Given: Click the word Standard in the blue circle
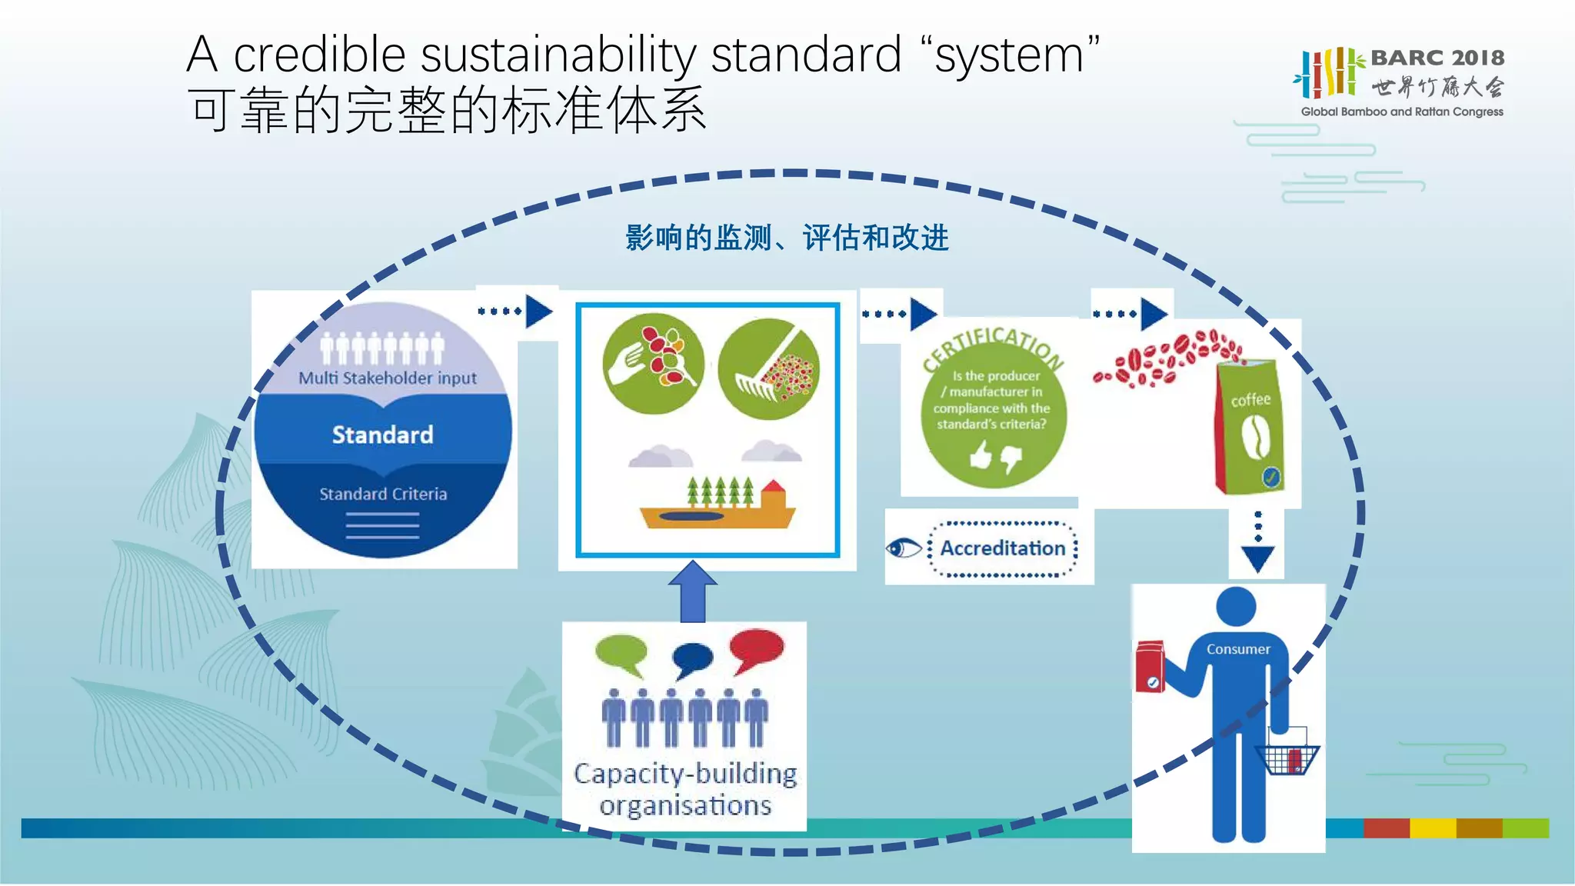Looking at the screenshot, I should click(382, 435).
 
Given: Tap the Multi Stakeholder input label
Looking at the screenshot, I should click(388, 378).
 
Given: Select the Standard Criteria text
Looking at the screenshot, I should click(383, 494).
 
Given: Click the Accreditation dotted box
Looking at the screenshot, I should click(1003, 548).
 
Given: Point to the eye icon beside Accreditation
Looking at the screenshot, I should click(904, 548).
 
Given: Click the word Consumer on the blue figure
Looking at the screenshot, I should click(1238, 649).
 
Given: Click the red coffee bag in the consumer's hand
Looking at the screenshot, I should click(1150, 667).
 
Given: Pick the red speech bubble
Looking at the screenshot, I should click(757, 649).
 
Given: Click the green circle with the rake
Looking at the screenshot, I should click(768, 369).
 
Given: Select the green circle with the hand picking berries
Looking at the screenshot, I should click(654, 364).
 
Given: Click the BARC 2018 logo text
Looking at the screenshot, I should click(1437, 58).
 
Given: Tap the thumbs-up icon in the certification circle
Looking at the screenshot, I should click(981, 456).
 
